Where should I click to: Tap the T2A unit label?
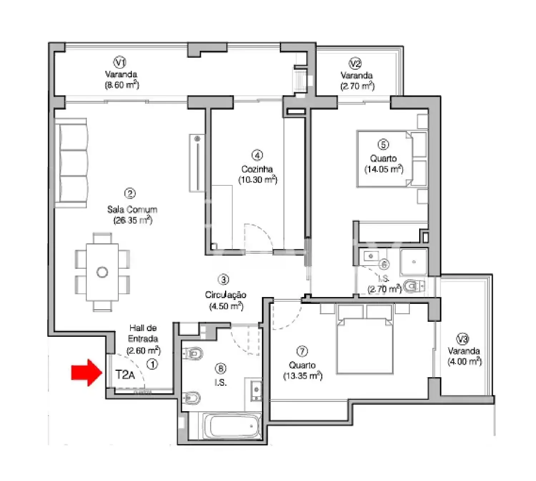pos(125,375)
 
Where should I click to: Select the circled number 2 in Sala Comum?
pos(129,194)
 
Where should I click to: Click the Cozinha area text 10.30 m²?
pos(258,180)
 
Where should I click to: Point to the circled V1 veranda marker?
pos(120,63)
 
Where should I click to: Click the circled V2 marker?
pos(355,64)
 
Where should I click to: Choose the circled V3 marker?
pos(463,338)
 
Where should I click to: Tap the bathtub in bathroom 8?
pos(232,426)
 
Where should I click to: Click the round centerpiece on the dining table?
pos(102,272)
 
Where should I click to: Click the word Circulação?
pos(225,295)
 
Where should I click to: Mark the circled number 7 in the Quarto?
pos(302,352)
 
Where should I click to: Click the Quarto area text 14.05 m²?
pos(383,169)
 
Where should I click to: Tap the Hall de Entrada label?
pos(143,333)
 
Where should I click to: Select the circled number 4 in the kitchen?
pos(257,155)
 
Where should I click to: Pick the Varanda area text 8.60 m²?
pos(121,85)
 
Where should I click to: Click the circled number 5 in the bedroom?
pos(383,145)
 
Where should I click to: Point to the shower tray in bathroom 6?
pos(414,262)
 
